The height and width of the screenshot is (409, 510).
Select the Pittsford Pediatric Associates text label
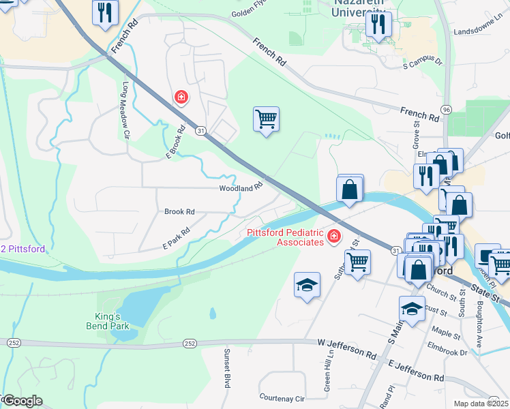point(284,237)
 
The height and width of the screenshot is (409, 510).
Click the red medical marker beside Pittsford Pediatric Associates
point(334,237)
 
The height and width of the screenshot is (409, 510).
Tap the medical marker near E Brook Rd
point(181,98)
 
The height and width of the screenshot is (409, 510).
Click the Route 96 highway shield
point(446,109)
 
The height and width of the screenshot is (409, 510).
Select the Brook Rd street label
point(179,212)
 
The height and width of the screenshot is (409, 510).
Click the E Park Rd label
point(176,239)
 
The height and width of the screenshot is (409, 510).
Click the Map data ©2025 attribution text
point(481,404)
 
